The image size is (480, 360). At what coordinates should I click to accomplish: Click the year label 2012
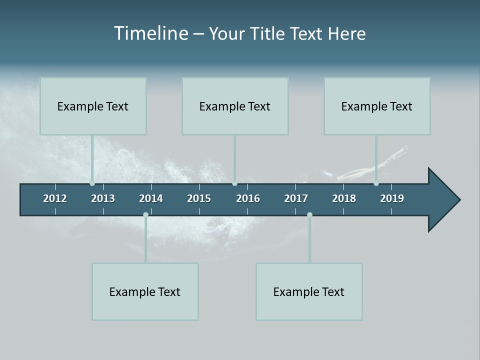point(55,198)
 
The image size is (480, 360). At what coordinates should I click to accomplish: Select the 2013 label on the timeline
point(103,198)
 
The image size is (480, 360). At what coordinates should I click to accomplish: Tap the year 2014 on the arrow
point(151,198)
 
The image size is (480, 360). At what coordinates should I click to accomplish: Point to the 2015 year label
point(199,198)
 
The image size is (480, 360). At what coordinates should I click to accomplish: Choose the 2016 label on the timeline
point(248,198)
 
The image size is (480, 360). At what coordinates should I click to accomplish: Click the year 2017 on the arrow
point(296,198)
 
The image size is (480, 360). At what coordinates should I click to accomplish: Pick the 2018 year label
point(344,198)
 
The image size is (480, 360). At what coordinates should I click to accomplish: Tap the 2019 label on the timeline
point(392,198)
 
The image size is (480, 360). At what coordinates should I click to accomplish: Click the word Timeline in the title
point(150,33)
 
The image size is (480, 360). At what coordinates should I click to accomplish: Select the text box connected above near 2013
point(93,106)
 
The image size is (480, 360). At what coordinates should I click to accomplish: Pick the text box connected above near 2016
point(235,106)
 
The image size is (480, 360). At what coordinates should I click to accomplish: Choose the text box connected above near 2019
point(377,106)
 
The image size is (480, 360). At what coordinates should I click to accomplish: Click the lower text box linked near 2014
point(145,291)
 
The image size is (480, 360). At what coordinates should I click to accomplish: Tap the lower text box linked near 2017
point(309,291)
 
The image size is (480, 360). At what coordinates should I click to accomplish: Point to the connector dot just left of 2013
point(92,183)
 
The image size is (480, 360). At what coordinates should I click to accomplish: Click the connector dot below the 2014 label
point(145,215)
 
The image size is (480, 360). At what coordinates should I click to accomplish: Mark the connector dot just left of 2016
point(234,183)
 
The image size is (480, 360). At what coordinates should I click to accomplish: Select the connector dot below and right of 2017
point(309,215)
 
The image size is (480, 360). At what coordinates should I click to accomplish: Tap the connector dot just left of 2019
point(376,183)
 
